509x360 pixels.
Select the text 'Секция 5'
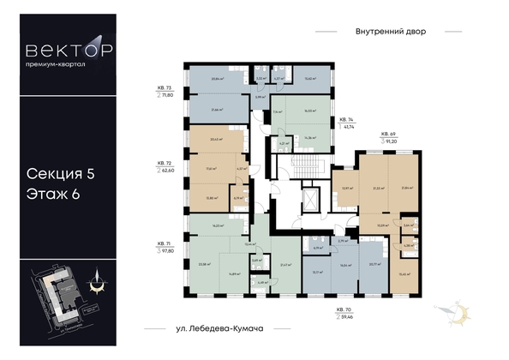[x=59, y=174]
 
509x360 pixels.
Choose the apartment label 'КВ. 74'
[x=346, y=121]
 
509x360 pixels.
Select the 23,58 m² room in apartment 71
[x=206, y=265]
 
